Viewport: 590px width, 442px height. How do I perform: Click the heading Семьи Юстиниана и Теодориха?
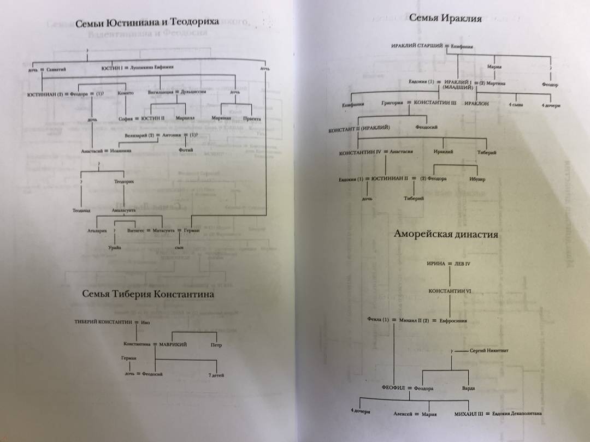point(147,22)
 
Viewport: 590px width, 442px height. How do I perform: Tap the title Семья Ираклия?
point(445,18)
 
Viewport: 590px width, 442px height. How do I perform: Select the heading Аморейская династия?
point(446,235)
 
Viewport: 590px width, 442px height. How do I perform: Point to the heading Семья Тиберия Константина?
point(147,294)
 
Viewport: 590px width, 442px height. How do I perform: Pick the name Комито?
point(126,93)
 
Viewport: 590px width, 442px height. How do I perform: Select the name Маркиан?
point(221,118)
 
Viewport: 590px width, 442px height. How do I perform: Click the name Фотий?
point(186,150)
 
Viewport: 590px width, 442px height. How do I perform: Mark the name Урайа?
point(114,248)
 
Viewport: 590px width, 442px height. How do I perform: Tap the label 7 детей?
point(216,375)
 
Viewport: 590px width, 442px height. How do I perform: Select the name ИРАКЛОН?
point(477,103)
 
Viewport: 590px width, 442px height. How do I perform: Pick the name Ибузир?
point(476,180)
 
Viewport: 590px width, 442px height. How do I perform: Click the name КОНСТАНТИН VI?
point(450,291)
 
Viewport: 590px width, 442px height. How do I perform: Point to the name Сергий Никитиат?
point(489,351)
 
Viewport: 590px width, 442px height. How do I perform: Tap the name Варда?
point(468,388)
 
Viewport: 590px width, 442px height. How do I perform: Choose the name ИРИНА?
point(437,264)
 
